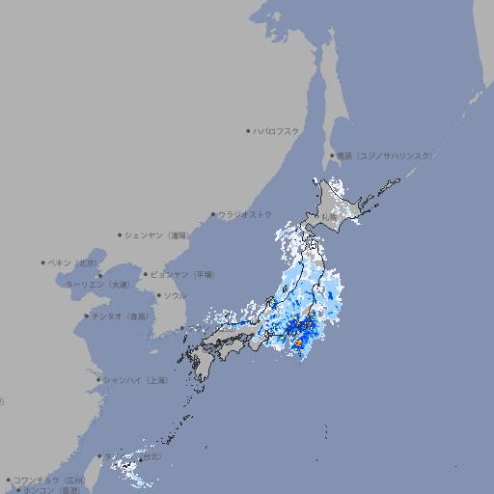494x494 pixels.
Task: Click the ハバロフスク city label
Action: tap(276, 130)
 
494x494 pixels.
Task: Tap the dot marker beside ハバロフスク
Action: tap(248, 130)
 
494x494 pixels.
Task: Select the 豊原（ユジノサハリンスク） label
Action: tap(384, 155)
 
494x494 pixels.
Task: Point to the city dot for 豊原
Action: tap(332, 155)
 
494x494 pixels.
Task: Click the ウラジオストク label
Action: tap(245, 214)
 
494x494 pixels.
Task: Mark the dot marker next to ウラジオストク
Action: tap(213, 214)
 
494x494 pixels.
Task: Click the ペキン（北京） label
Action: tap(74, 262)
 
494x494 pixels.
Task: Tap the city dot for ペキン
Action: tap(43, 262)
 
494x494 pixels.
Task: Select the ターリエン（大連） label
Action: tap(97, 285)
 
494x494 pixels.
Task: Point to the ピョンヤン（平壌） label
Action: tap(182, 274)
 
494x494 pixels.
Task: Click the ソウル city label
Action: tap(175, 295)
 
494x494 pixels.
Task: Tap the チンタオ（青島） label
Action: tap(120, 316)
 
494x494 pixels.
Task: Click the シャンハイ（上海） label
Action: tap(135, 380)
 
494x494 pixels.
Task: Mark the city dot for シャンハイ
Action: tap(98, 380)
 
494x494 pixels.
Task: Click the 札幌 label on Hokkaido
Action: tap(330, 217)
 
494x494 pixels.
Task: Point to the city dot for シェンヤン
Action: tap(120, 234)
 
